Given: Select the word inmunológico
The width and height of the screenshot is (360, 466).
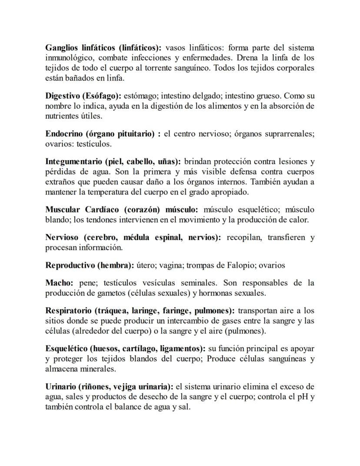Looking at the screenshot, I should pos(67,58).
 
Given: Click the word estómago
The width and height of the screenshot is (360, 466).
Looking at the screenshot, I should pos(140,96).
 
